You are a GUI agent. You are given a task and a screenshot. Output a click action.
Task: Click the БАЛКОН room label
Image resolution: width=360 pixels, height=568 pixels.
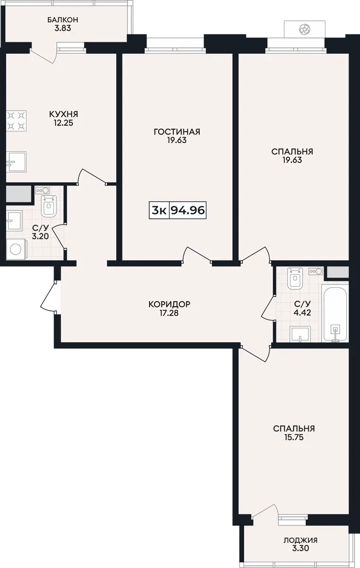coord(62,20)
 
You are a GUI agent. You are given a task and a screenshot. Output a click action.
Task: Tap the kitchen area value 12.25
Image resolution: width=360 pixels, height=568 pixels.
coord(63,123)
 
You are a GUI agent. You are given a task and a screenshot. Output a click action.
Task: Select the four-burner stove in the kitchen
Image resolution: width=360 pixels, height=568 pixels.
coord(17,121)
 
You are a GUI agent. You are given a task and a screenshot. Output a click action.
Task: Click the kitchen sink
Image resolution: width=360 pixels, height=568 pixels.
coord(16,162)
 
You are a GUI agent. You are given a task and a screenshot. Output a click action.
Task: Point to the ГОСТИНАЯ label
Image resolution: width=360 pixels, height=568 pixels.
coord(177,132)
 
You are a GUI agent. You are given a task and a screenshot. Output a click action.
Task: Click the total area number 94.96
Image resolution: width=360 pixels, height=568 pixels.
coord(188,210)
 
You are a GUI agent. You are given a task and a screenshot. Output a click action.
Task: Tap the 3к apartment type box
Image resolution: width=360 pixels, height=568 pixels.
coord(159,210)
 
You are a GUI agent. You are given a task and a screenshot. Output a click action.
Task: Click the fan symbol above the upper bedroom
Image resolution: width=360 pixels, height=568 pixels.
coord(304,29)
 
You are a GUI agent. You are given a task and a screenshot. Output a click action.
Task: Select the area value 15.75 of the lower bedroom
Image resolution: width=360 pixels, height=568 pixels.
coord(294,437)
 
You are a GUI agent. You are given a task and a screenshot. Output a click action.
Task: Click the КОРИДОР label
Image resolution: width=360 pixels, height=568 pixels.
coord(169,304)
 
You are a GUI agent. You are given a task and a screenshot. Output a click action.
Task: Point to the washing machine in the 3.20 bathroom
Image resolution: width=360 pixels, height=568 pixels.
coord(17,249)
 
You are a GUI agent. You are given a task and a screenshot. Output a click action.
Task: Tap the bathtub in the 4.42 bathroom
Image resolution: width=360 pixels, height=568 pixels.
coord(335,313)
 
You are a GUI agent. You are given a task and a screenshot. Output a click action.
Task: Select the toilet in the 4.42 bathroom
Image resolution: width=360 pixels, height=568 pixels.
coord(295,278)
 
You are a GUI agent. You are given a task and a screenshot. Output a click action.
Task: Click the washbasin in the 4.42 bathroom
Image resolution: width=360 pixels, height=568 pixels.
coord(300,334)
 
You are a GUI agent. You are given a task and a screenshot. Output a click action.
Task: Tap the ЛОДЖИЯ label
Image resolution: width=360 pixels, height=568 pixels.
coord(300,541)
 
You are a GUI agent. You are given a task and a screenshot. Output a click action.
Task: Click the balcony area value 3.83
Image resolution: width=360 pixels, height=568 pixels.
coord(62,28)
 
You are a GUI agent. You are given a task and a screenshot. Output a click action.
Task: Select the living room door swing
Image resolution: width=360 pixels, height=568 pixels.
coord(197,254)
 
